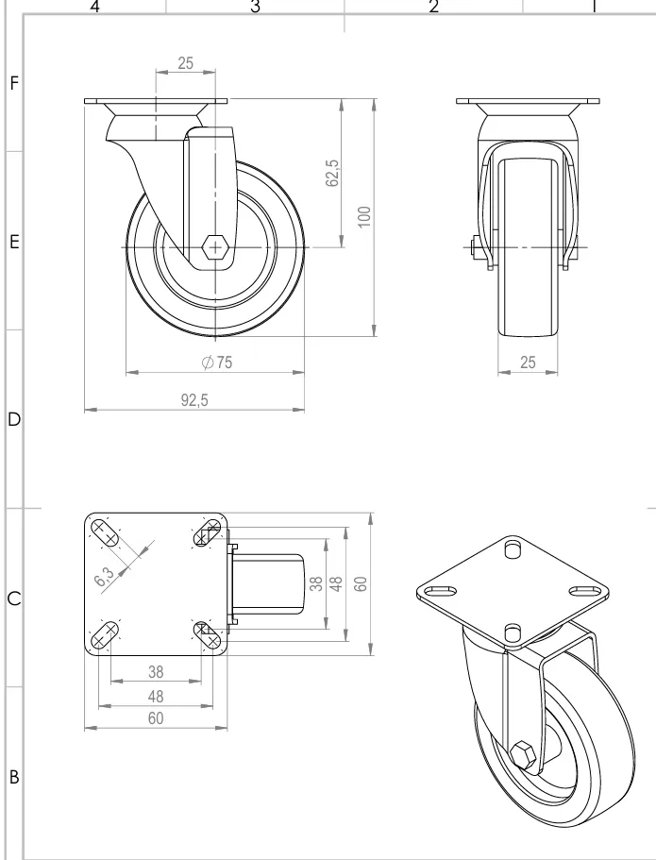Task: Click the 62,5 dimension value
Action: pos(332,174)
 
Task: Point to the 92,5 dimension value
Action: pos(194,400)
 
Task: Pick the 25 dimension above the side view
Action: pos(186,62)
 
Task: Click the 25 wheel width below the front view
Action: pos(529,363)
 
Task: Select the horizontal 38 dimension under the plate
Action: pos(156,671)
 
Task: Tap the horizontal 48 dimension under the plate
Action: pos(156,696)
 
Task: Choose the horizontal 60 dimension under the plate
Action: pos(156,719)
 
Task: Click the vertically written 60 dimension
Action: pos(360,583)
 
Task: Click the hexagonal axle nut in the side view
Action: pos(215,247)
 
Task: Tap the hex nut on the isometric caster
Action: pos(524,755)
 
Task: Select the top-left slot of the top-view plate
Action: pos(108,535)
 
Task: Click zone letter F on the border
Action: pos(13,82)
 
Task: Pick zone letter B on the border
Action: pos(13,779)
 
